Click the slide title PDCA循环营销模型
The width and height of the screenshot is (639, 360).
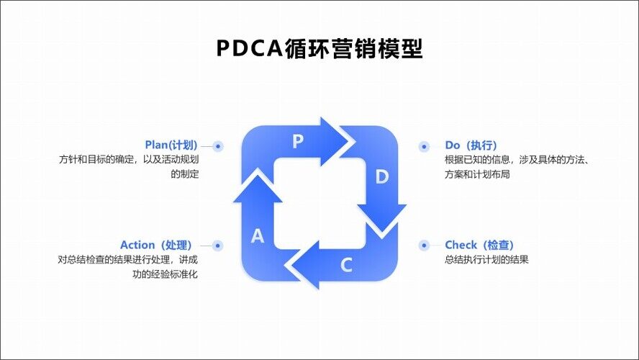pos(319,48)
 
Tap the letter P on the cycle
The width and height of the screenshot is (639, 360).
pos(298,142)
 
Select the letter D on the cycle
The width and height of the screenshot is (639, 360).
pos(382,177)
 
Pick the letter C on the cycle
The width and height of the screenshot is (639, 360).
pos(346,265)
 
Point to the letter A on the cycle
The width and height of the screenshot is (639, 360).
pos(258,236)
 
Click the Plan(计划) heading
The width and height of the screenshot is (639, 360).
pos(171,145)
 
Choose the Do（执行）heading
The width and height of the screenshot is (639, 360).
pos(471,145)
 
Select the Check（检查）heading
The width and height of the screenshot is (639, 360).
pos(479,245)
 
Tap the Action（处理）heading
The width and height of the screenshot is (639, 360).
pos(158,245)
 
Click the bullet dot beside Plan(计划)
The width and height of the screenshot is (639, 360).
pos(218,145)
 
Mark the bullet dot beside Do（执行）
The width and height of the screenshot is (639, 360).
pos(424,146)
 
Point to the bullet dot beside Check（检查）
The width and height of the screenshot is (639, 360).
pos(424,246)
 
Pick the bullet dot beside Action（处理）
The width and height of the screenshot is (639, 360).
pos(218,246)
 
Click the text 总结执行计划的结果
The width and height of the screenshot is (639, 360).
pos(486,260)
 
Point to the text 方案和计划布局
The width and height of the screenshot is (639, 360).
pos(477,174)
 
